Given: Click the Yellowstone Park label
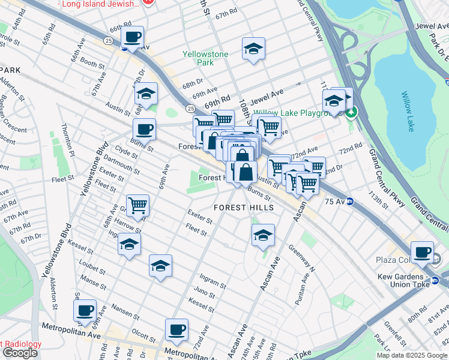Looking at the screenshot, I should point(205,58).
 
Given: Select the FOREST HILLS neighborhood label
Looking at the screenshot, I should point(244,208).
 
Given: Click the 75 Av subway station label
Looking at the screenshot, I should point(334,202).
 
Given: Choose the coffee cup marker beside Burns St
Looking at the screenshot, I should point(144,129).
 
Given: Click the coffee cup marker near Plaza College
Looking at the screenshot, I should point(423,253).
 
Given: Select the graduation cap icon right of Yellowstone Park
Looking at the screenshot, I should point(254,49).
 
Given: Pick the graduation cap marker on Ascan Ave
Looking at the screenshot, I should point(263,236).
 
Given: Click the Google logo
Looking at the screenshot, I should point(20,353).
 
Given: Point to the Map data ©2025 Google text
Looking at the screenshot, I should point(412,355).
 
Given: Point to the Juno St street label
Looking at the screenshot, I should point(205,293).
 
